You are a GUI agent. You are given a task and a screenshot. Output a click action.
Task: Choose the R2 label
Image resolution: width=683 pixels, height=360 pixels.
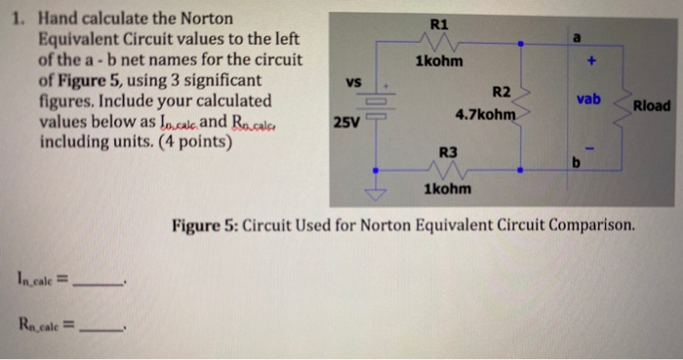pyautogui.click(x=501, y=92)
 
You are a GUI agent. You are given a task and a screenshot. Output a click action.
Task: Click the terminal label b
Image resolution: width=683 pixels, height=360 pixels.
pyautogui.click(x=576, y=162)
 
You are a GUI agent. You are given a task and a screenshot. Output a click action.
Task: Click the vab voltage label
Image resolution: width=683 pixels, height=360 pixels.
pyautogui.click(x=588, y=100)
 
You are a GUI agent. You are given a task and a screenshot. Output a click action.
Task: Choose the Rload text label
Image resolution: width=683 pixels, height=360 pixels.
pyautogui.click(x=652, y=105)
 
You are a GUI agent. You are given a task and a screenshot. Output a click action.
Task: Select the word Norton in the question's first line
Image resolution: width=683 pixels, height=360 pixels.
pyautogui.click(x=200, y=19)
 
